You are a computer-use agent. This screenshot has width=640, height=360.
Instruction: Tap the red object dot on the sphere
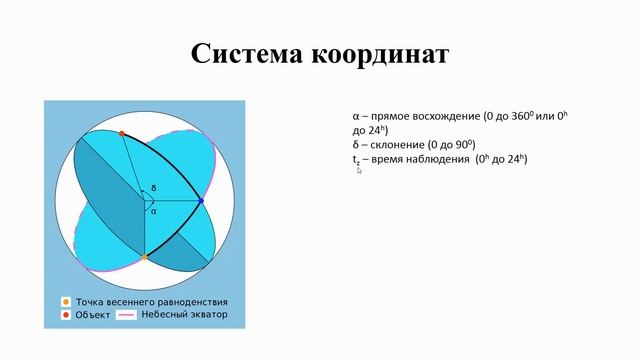click(x=121, y=133)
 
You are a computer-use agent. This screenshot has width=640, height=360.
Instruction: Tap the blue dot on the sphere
click(x=201, y=201)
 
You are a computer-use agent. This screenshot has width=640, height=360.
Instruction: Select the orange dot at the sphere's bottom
click(x=145, y=257)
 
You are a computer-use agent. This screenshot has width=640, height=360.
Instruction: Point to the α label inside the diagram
click(x=153, y=211)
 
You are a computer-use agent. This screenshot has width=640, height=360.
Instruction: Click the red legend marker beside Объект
click(x=65, y=315)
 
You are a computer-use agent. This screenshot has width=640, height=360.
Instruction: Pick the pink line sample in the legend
click(x=126, y=315)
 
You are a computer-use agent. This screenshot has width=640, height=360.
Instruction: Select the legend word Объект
click(x=91, y=315)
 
